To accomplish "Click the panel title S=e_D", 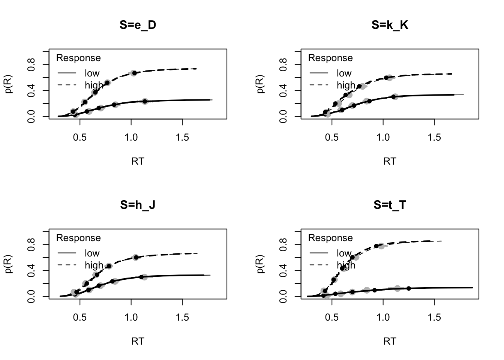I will pos(138,25).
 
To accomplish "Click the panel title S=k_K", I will pos(390,25).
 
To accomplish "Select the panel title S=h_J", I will pos(138,205).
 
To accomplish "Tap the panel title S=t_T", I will pos(390,205).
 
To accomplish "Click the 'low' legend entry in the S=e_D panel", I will pos(92,73).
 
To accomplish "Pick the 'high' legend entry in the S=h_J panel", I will pos(94,265).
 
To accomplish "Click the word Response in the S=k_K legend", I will pos(330,58).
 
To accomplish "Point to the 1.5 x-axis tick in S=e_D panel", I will pos(182,137).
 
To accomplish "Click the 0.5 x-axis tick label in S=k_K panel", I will pos(332,137).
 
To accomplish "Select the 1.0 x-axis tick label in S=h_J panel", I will pos(131,317).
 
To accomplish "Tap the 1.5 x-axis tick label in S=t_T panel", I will pos(434,317).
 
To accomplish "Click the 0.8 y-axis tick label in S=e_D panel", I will pos(31,64).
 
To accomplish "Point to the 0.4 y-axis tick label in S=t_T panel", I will pos(283,270).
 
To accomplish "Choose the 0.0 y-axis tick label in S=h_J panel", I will pos(31,296).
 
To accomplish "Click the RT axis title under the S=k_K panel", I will pos(390,161).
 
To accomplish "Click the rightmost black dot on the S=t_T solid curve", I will pos(408,288).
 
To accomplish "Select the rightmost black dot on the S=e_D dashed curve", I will pos(134,73).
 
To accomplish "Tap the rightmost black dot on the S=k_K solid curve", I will pos(393,97).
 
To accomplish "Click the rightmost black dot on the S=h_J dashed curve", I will pos(136,257).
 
